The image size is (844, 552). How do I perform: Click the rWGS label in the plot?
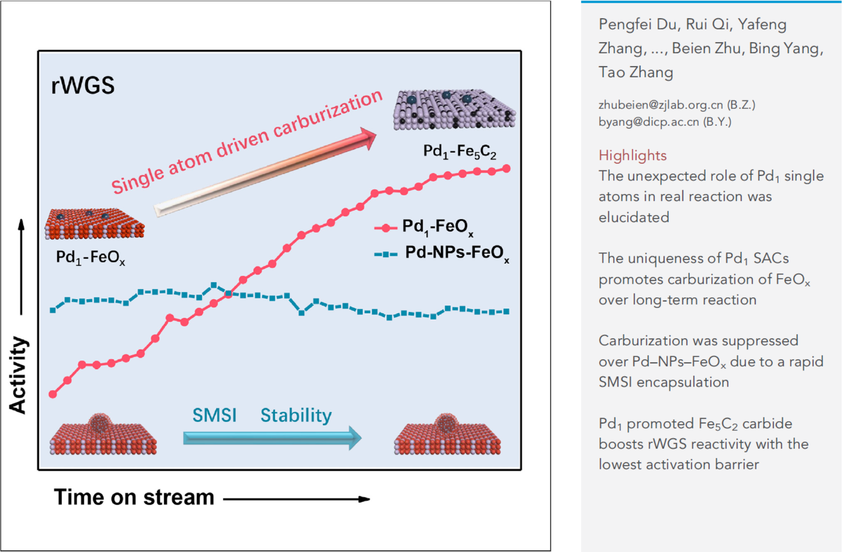pos(83,86)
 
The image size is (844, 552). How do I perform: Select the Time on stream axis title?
pos(134,497)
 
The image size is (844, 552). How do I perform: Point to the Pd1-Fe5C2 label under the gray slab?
pos(459,151)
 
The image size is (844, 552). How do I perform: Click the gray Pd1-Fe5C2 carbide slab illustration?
pos(454,110)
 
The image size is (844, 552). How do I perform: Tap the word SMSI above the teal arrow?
pos(215,415)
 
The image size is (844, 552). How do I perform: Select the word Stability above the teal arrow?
pos(296,415)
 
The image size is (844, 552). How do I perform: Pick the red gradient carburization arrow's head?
pos(367,137)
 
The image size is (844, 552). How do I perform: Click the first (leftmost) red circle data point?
pos(53,394)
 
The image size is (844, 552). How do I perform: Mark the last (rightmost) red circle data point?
pos(507,168)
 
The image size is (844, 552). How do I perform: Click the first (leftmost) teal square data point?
pos(53,310)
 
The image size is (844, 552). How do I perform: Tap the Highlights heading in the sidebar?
pos(632,155)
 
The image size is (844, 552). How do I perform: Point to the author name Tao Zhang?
pos(636,72)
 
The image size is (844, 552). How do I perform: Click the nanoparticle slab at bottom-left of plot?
pos(103,435)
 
